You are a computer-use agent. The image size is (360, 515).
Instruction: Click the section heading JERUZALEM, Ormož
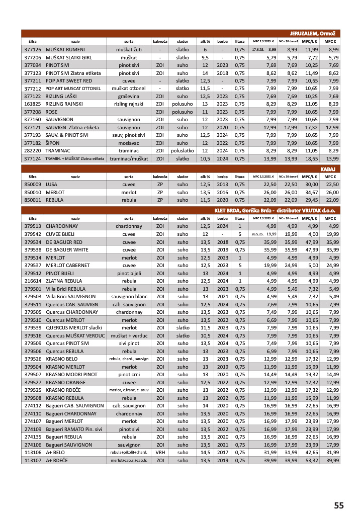pos(315,33)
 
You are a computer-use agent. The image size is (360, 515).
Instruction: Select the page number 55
pos(339,505)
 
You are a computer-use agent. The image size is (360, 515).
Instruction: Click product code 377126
pos(33,50)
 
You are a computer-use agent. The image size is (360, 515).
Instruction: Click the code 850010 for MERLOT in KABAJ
pos(33,192)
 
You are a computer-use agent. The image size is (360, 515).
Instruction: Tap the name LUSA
pos(52,185)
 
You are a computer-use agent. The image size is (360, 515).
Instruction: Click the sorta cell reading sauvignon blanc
pos(129,296)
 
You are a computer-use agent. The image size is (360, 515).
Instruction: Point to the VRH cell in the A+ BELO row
pos(160,452)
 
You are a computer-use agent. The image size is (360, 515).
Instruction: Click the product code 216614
pos(33,281)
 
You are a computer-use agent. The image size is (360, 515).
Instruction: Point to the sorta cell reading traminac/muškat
pos(129,158)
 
